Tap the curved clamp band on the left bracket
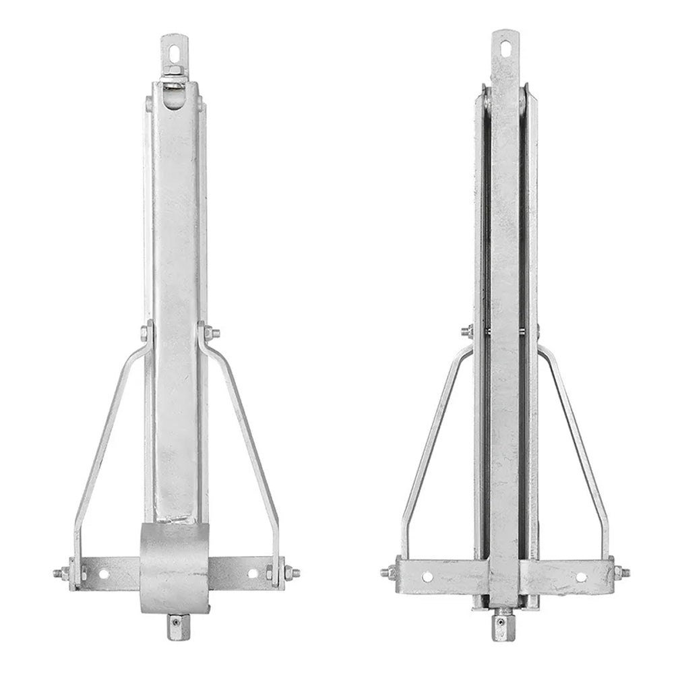[175, 565]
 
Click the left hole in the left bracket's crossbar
[104, 574]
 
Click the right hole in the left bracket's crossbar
[252, 574]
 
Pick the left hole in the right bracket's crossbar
[427, 576]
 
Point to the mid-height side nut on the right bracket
[467, 331]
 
